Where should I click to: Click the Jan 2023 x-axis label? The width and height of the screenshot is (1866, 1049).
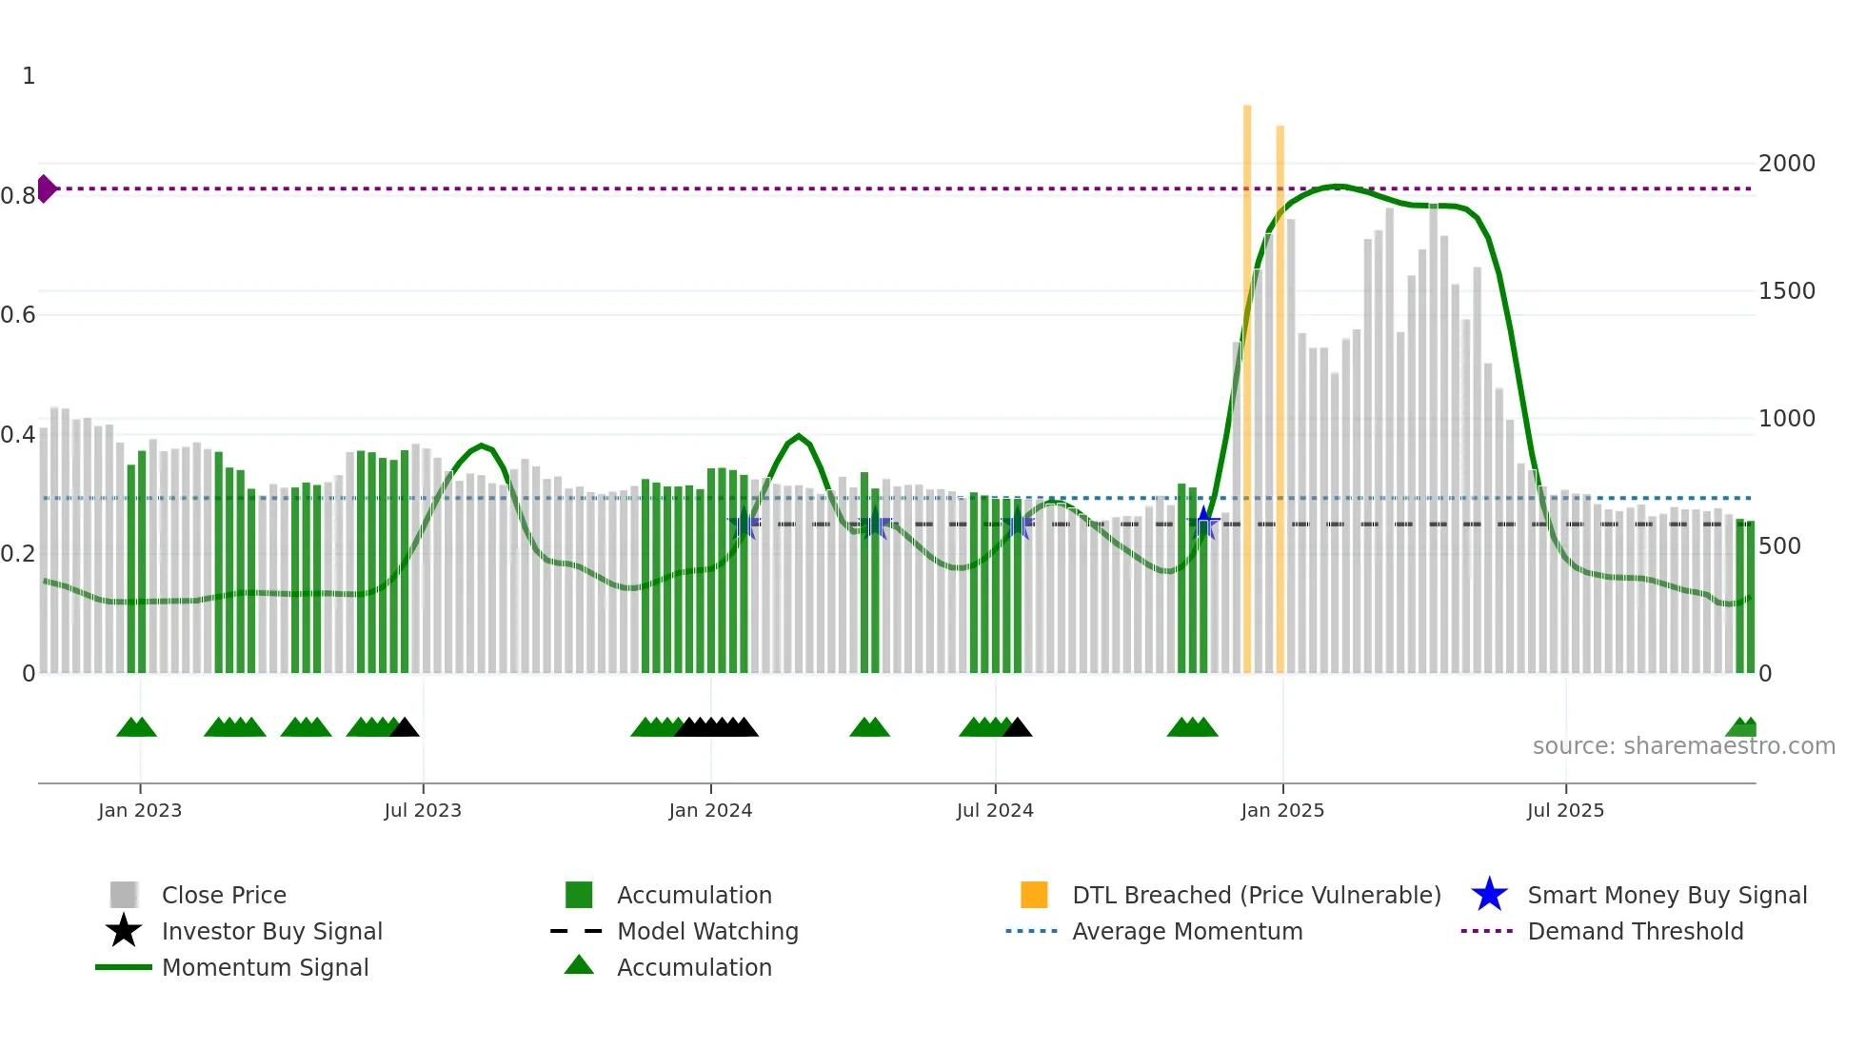pyautogui.click(x=139, y=810)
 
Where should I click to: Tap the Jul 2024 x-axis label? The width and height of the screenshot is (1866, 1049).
pyautogui.click(x=995, y=810)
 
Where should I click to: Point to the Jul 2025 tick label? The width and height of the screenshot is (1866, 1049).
pyautogui.click(x=1565, y=810)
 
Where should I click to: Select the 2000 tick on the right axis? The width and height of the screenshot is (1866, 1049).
pyautogui.click(x=1786, y=163)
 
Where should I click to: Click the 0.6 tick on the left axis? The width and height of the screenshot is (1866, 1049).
pyautogui.click(x=18, y=315)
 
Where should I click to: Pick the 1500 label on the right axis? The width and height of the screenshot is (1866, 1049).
pyautogui.click(x=1786, y=290)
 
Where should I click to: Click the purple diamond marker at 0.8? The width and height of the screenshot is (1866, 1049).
pyautogui.click(x=46, y=188)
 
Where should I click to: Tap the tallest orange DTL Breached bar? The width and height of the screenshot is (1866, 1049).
pyautogui.click(x=1247, y=381)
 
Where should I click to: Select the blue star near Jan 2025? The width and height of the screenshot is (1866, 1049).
pyautogui.click(x=1203, y=523)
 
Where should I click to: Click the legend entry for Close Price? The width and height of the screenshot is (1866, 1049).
pyautogui.click(x=223, y=895)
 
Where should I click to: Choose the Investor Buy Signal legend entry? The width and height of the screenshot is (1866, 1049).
pyautogui.click(x=271, y=931)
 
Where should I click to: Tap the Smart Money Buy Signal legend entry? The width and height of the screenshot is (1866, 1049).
pyautogui.click(x=1666, y=895)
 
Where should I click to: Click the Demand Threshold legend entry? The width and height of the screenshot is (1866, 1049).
pyautogui.click(x=1635, y=931)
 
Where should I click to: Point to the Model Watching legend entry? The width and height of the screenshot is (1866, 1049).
pyautogui.click(x=706, y=931)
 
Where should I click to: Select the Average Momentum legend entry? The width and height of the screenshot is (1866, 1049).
pyautogui.click(x=1186, y=931)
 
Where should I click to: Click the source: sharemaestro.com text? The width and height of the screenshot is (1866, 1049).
pyautogui.click(x=1683, y=745)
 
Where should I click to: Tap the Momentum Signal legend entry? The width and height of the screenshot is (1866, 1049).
pyautogui.click(x=265, y=967)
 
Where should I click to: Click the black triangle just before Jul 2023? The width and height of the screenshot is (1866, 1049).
pyautogui.click(x=405, y=728)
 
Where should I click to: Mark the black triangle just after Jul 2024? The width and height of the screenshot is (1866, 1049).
pyautogui.click(x=1017, y=728)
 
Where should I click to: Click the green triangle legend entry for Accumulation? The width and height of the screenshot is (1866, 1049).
pyautogui.click(x=693, y=967)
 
